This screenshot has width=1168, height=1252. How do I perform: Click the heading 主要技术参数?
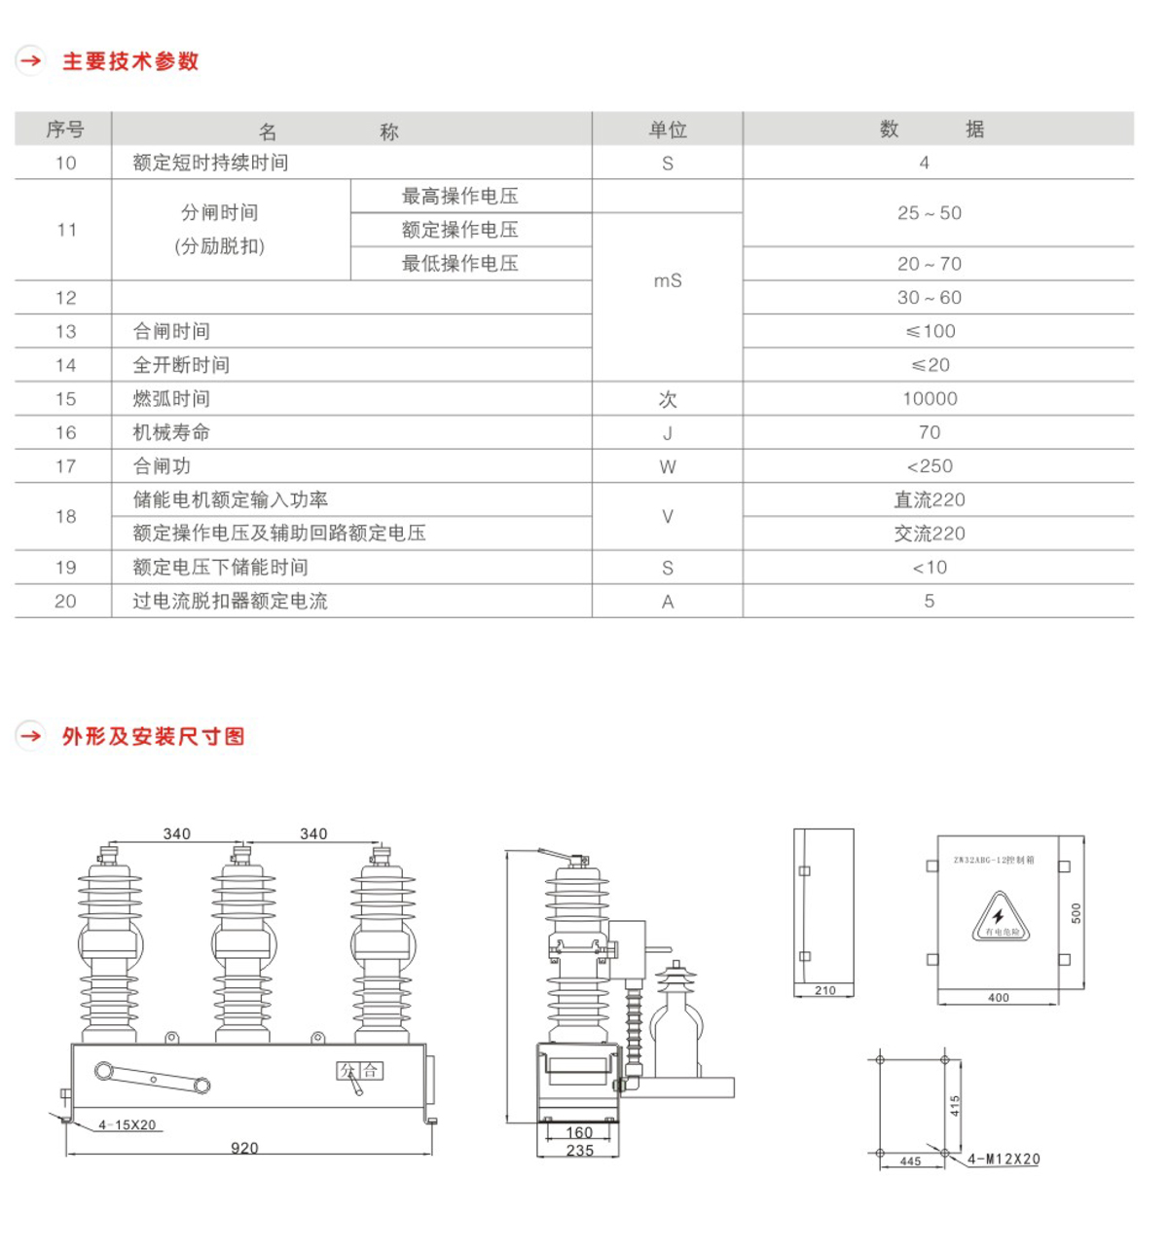[130, 61]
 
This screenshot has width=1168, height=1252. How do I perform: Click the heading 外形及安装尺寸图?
[153, 736]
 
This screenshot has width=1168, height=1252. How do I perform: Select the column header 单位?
[668, 129]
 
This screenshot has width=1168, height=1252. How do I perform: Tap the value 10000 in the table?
[930, 398]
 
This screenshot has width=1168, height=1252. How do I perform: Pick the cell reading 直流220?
[930, 499]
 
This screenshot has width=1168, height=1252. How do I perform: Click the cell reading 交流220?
[930, 534]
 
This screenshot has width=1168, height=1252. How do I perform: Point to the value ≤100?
[930, 331]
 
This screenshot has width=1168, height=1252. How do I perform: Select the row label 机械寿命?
[171, 432]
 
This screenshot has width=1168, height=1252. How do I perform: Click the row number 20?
[65, 601]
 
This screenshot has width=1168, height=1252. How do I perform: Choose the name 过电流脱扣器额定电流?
[230, 601]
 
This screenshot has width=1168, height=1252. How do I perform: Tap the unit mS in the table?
[668, 280]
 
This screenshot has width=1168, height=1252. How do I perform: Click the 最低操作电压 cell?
[459, 263]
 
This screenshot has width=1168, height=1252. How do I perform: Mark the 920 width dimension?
[244, 1148]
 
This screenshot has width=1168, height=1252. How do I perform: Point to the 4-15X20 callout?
[128, 1124]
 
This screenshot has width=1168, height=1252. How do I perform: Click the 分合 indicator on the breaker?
[360, 1071]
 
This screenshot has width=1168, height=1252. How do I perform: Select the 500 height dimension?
[1076, 912]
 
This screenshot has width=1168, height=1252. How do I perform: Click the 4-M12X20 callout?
[1004, 1160]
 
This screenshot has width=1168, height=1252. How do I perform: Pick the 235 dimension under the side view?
[580, 1150]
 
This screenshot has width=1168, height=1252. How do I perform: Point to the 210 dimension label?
[825, 990]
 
